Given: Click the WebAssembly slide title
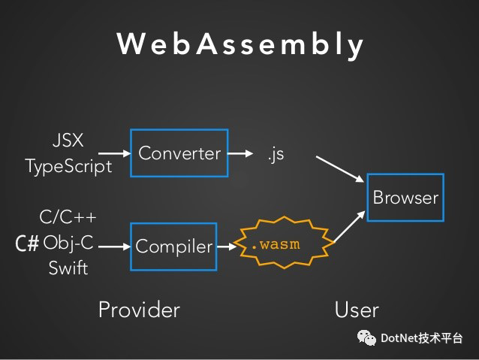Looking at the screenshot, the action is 240,45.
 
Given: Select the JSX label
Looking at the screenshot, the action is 68,141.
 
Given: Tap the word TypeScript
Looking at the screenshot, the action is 69,167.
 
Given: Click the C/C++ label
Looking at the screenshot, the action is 68,217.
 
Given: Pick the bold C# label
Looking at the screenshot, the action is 27,244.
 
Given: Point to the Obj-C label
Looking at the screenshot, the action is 68,244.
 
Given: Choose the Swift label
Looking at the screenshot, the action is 68,268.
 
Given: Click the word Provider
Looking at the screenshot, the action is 139,310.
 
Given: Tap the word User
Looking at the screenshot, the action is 357,310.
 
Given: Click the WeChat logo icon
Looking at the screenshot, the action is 366,338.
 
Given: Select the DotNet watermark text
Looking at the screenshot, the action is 422,338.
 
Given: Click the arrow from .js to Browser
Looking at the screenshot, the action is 340,169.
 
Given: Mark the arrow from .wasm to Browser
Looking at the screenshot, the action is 350,226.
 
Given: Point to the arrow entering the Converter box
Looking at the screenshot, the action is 115,153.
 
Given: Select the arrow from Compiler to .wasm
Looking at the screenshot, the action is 227,247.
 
